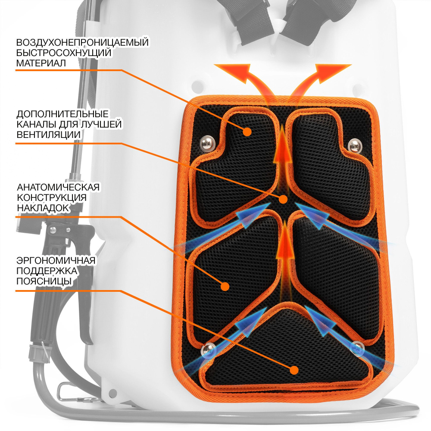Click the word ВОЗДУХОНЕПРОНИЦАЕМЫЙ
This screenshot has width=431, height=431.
click(x=82, y=43)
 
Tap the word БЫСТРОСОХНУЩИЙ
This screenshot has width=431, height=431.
click(x=64, y=53)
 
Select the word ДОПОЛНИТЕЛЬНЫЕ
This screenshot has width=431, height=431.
click(x=62, y=115)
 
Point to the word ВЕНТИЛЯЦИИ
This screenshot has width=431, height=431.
click(x=49, y=134)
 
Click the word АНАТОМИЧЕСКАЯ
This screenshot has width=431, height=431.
click(x=58, y=187)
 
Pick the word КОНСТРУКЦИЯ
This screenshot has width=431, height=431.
click(x=52, y=197)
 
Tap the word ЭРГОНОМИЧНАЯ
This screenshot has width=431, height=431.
click(x=56, y=261)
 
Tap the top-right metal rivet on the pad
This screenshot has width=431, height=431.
click(x=354, y=145)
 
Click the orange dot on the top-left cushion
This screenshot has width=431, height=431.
click(x=247, y=131)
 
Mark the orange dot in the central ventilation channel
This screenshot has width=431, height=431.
click(x=283, y=199)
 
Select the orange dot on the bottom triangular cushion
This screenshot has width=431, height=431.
click(x=295, y=369)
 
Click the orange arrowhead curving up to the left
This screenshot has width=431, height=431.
click(x=233, y=69)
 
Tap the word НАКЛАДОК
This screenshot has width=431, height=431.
click(x=43, y=207)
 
